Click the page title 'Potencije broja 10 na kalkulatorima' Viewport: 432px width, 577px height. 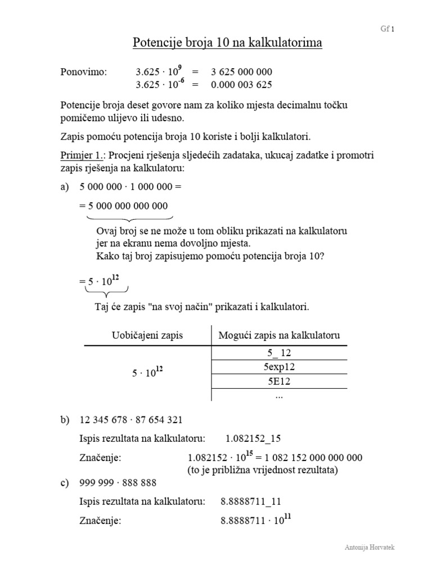[227, 43]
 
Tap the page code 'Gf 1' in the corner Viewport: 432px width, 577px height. [388, 30]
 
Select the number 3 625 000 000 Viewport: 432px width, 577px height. [241, 72]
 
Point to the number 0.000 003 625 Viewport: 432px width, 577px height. [241, 85]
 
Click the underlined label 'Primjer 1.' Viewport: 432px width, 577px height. [78, 156]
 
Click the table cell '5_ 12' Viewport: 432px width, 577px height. [280, 353]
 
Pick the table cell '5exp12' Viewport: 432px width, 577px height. [280, 367]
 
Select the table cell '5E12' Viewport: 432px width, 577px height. [280, 381]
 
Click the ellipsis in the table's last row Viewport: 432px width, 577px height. [280, 395]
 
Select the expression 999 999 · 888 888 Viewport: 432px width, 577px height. [118, 483]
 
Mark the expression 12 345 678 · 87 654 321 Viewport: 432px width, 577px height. [131, 420]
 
